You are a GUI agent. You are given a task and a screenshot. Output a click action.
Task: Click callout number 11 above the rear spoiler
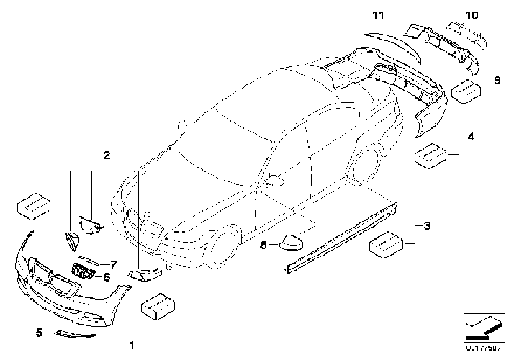tap(378, 15)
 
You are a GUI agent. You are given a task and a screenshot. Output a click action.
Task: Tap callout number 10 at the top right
tap(472, 15)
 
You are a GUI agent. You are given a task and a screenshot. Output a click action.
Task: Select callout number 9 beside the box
tap(497, 81)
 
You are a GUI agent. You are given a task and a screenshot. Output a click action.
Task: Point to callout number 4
tap(471, 136)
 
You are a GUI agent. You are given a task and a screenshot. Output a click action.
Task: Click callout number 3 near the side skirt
tap(427, 225)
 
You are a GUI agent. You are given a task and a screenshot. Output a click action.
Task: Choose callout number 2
tap(107, 155)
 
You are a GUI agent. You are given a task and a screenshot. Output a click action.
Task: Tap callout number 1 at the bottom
tap(132, 346)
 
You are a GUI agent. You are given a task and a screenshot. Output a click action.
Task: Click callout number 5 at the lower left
tap(39, 333)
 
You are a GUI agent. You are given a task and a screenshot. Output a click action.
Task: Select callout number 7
tap(113, 264)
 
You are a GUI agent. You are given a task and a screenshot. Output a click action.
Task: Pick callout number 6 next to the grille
tap(107, 277)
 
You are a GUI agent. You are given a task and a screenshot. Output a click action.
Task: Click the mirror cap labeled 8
tap(292, 243)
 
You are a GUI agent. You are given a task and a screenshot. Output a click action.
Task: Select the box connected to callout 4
tap(430, 156)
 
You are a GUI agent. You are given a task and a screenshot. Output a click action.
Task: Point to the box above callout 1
tap(158, 307)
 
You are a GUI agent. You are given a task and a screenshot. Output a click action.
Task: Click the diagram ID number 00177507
tap(484, 348)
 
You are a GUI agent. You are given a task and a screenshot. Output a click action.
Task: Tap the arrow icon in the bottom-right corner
tap(484, 327)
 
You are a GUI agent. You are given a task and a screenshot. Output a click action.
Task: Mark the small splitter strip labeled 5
tap(76, 334)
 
